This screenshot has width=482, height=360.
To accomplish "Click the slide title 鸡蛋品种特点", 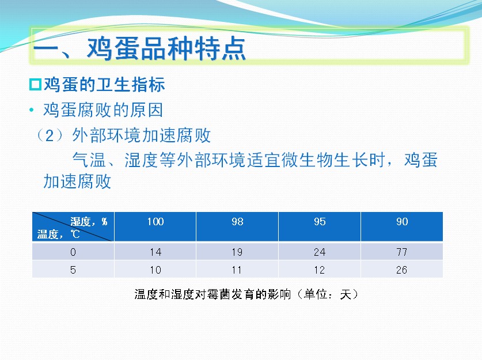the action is point(166,48).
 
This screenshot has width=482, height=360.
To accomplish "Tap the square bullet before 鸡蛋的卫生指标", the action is point(35,85).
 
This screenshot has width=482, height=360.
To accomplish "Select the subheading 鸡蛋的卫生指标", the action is point(104,85).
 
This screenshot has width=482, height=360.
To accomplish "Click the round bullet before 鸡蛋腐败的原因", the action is point(31,110).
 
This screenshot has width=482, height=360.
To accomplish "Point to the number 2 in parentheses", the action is point(50,135).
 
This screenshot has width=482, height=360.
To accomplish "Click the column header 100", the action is point(155,222).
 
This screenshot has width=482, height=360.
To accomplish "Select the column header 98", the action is point(237,222).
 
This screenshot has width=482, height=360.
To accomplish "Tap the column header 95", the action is point(320,222).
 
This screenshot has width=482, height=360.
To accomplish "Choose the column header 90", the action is point(402,222).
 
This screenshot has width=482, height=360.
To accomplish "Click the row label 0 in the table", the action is point(73,252).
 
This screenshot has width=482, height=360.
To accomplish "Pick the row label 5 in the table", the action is point(73,270).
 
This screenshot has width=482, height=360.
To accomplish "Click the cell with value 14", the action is point(155,252).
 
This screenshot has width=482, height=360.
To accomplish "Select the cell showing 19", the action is point(237,252).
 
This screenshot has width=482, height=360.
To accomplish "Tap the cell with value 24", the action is point(320,252).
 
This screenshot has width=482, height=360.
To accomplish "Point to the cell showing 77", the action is point(402,252).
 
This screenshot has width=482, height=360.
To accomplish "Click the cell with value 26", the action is point(401,270).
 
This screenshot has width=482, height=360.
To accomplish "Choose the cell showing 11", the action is point(237,270).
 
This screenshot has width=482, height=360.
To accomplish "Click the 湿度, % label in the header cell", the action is point(89,221).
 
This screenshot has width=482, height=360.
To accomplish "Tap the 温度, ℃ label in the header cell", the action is point(58,234).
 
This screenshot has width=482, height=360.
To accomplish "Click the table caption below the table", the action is point(246,294).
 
